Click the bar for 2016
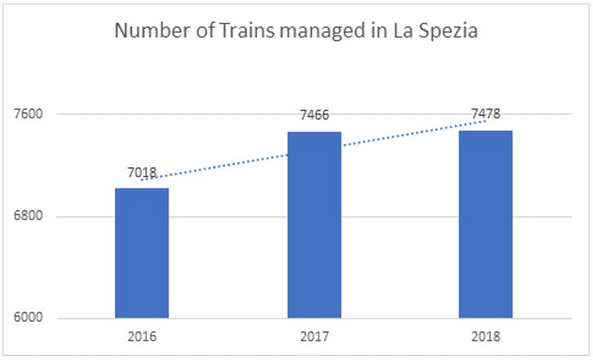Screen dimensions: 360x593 click(141, 253)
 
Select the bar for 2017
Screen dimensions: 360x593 click(314, 224)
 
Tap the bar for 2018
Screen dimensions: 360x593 click(485, 224)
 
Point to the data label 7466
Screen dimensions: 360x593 click(314, 117)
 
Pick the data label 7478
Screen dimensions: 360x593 click(485, 113)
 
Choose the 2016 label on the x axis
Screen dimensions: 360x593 click(141, 336)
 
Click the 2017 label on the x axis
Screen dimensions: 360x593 click(314, 336)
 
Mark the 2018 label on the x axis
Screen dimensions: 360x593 click(485, 336)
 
